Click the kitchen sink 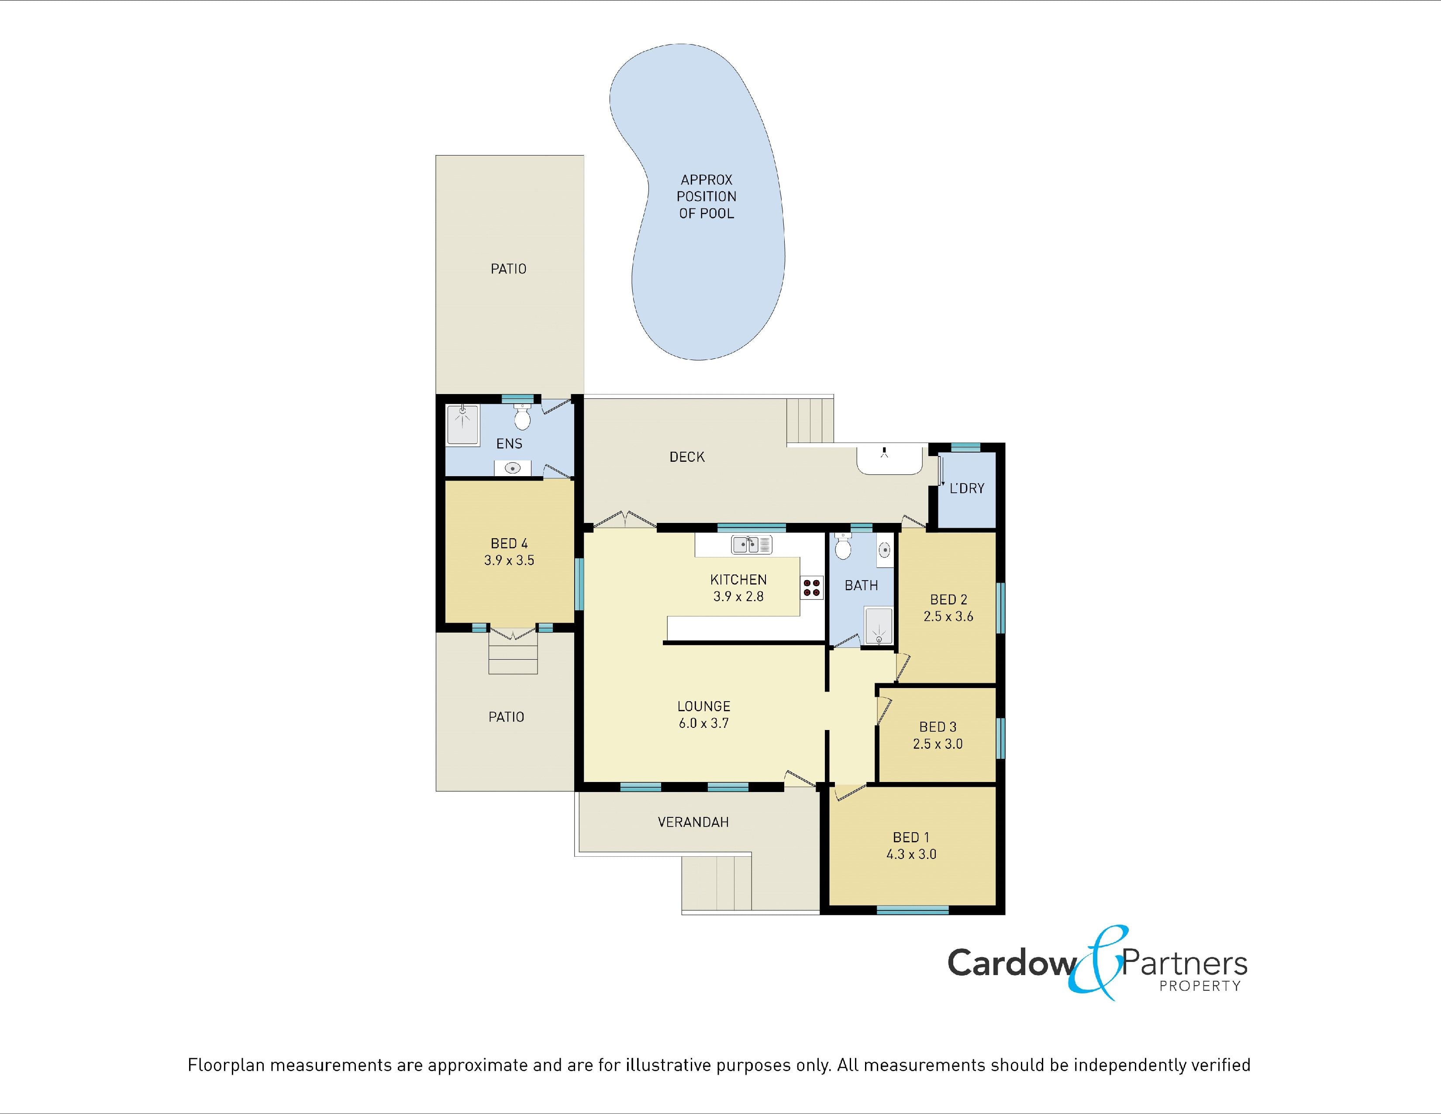[x=752, y=544]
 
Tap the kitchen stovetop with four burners [x=812, y=587]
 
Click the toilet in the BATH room [x=843, y=547]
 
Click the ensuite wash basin [x=513, y=468]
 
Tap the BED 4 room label [x=509, y=543]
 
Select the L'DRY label [x=967, y=488]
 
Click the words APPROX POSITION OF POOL [x=706, y=197]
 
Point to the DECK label [x=687, y=457]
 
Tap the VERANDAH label [x=693, y=822]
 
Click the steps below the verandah [x=717, y=882]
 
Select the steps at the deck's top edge [x=810, y=420]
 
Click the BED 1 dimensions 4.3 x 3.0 [x=911, y=855]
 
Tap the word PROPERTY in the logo [x=1200, y=986]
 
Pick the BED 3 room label [x=938, y=727]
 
